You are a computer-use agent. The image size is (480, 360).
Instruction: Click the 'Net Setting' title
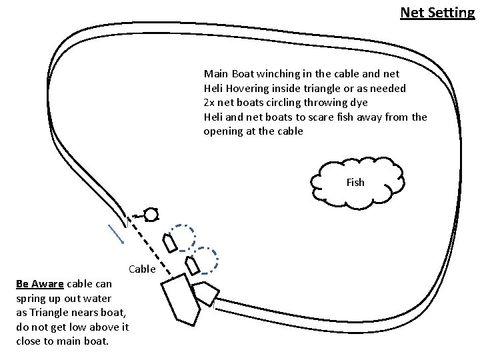[x=437, y=12]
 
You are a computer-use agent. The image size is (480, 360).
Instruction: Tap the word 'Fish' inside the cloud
[x=355, y=182]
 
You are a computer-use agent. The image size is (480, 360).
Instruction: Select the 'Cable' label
[x=141, y=269]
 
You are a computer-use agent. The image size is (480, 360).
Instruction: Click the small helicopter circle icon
[x=151, y=215]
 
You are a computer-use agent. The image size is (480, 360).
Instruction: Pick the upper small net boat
[x=171, y=241]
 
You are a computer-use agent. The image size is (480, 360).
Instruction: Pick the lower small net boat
[x=192, y=265]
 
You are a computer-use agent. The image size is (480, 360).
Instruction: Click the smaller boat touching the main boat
[x=206, y=291]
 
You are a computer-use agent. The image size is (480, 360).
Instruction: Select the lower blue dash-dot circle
[x=207, y=261]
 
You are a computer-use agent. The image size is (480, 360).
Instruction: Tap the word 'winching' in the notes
[x=285, y=73]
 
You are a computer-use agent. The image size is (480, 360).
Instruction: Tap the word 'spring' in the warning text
[x=30, y=298]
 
